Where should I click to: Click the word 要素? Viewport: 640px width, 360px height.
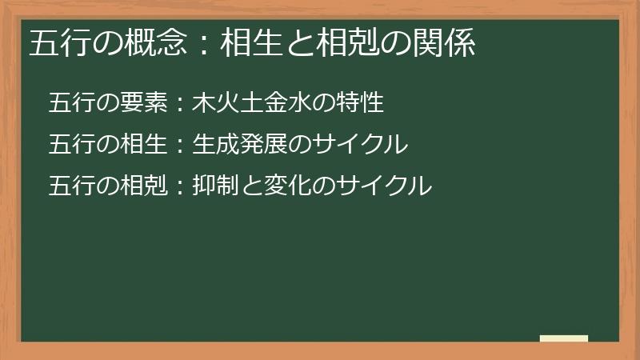point(146,103)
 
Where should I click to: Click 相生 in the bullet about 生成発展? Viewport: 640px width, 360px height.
point(146,145)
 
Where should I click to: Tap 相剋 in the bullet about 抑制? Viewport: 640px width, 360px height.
point(146,186)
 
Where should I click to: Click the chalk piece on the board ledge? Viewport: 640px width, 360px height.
point(564,338)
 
